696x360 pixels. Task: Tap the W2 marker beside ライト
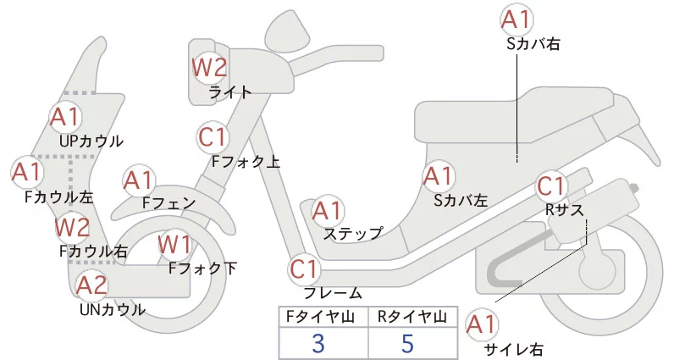(x=208, y=66)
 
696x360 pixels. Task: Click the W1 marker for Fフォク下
(x=175, y=245)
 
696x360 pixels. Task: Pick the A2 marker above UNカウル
(x=91, y=285)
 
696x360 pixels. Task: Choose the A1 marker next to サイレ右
(x=482, y=324)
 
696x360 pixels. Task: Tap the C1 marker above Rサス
(x=551, y=186)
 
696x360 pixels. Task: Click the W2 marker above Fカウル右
(x=72, y=227)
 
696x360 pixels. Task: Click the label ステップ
(x=353, y=232)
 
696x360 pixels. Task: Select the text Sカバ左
(x=461, y=201)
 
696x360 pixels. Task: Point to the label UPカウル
(x=91, y=141)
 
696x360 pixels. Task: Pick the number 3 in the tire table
(x=318, y=344)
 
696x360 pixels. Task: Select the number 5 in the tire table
(x=408, y=344)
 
